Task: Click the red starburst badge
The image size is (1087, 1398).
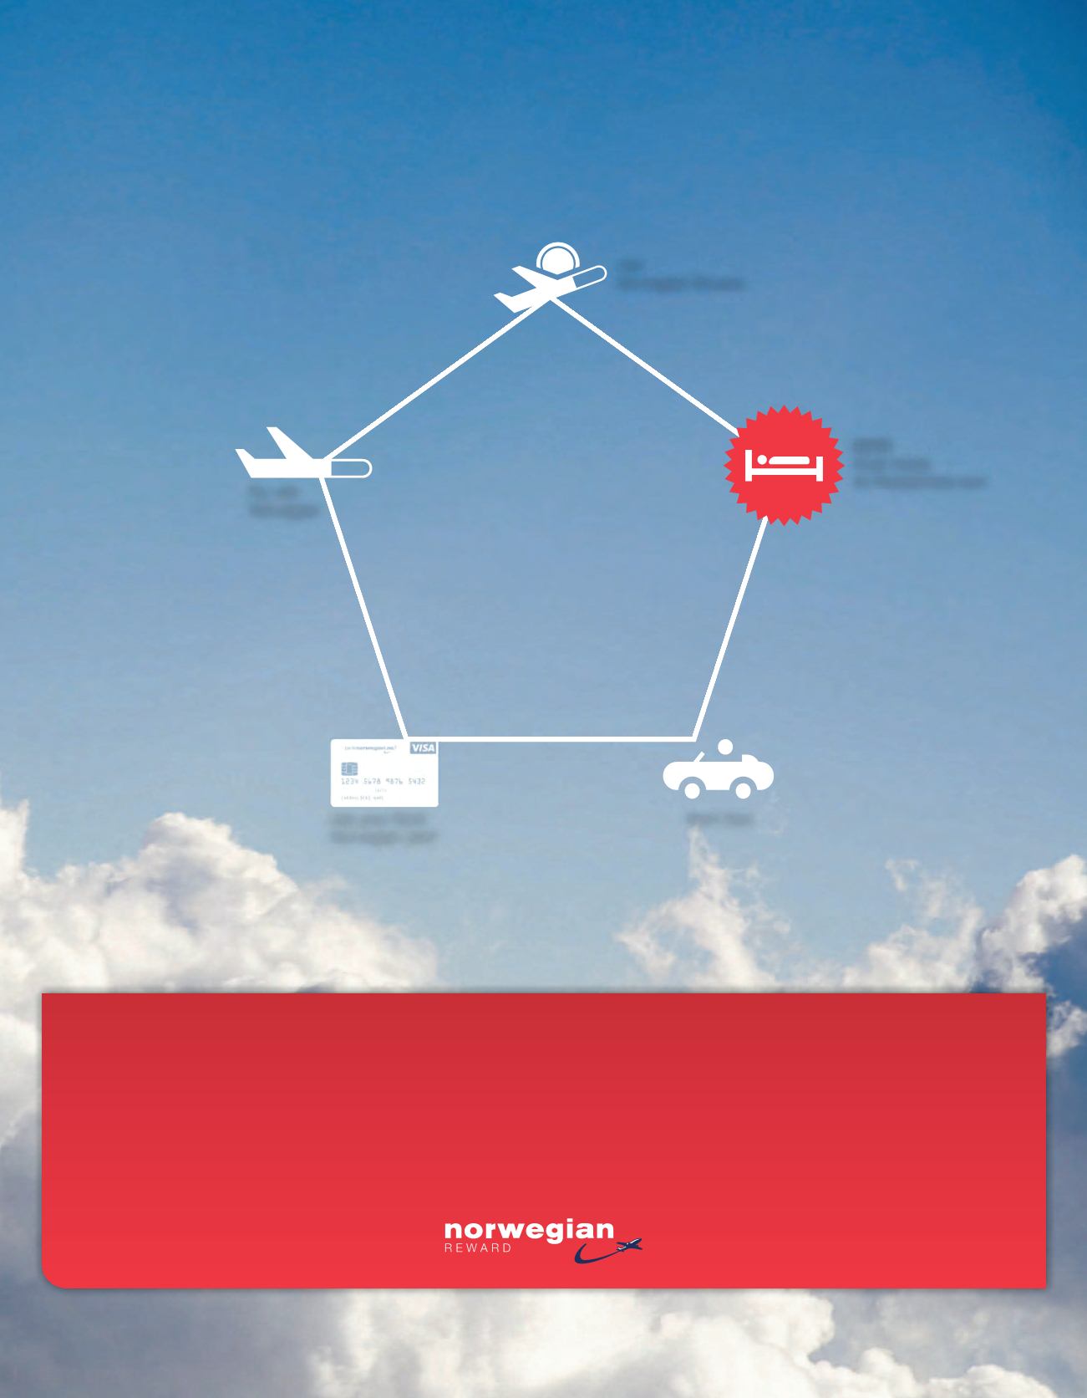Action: (x=783, y=466)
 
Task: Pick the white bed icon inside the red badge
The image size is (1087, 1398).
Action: (x=785, y=466)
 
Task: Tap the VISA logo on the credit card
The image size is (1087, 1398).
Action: (x=423, y=747)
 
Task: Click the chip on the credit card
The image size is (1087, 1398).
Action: (x=349, y=768)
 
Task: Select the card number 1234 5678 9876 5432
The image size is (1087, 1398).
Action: (x=384, y=781)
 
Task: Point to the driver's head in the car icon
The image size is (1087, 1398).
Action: (x=724, y=746)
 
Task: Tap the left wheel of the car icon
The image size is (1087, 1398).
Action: (x=691, y=788)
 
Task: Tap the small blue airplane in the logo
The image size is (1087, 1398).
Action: (x=627, y=1246)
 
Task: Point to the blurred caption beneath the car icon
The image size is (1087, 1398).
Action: (x=719, y=819)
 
